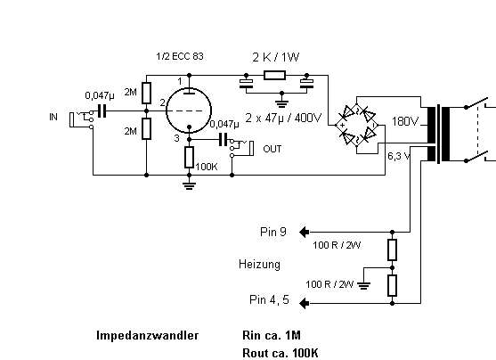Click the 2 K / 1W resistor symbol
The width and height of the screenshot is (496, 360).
click(x=274, y=76)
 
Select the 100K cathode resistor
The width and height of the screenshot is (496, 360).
click(x=189, y=158)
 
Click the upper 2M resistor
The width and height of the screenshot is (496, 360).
click(x=146, y=93)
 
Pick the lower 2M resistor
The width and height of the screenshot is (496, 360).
click(x=146, y=128)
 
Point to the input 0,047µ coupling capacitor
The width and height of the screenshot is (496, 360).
click(x=102, y=111)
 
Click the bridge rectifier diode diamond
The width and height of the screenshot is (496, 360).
click(x=356, y=126)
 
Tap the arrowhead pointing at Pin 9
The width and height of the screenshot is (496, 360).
click(x=304, y=232)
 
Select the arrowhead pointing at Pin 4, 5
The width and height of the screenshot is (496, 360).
click(x=304, y=303)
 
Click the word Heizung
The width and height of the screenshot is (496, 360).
click(x=259, y=265)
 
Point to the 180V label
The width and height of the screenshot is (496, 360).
click(x=405, y=121)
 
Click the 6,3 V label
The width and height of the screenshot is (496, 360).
click(x=399, y=156)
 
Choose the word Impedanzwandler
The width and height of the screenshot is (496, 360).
click(x=148, y=335)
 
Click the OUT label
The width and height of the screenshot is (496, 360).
click(x=272, y=149)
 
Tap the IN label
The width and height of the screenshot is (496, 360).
click(x=53, y=117)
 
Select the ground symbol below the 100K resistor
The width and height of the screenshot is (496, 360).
click(x=189, y=185)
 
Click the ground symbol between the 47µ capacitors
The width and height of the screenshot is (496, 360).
click(x=282, y=103)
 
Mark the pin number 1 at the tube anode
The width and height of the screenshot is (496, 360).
click(x=180, y=81)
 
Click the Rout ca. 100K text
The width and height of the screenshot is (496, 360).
click(x=281, y=353)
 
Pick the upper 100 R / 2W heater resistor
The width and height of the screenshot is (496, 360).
click(x=392, y=250)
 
